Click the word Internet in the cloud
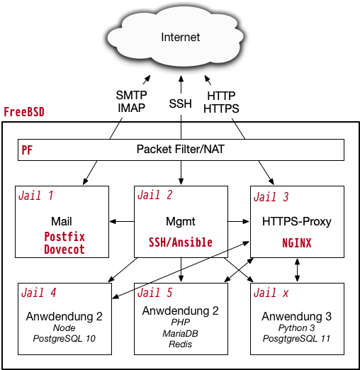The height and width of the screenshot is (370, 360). pyautogui.click(x=181, y=37)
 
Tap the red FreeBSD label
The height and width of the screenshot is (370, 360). pyautogui.click(x=24, y=112)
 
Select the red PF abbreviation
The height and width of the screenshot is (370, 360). pyautogui.click(x=27, y=150)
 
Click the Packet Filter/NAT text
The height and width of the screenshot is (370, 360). pyautogui.click(x=181, y=149)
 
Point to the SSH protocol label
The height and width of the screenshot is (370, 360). pyautogui.click(x=181, y=103)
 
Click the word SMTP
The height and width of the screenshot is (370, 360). pyautogui.click(x=131, y=95)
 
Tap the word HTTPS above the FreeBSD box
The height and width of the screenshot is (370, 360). pyautogui.click(x=221, y=108)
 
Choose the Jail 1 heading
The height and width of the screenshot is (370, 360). pyautogui.click(x=36, y=196)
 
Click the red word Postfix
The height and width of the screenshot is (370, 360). pyautogui.click(x=64, y=237)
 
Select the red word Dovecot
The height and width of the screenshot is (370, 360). pyautogui.click(x=64, y=250)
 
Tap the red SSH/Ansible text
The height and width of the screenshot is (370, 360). pyautogui.click(x=181, y=242)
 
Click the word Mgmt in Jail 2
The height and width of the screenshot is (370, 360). pyautogui.click(x=181, y=222)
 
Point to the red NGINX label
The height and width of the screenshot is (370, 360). pyautogui.click(x=297, y=243)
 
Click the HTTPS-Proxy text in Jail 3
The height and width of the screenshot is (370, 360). pyautogui.click(x=297, y=222)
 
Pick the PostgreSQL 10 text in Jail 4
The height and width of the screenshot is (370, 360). pyautogui.click(x=64, y=338)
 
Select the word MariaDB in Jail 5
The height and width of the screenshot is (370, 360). pyautogui.click(x=181, y=333)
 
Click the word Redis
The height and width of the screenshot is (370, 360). pyautogui.click(x=181, y=344)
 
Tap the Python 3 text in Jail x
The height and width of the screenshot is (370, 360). pyautogui.click(x=297, y=327)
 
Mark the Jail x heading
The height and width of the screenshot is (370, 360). pyautogui.click(x=271, y=293)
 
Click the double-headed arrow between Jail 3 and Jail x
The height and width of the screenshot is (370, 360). pyautogui.click(x=297, y=270)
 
